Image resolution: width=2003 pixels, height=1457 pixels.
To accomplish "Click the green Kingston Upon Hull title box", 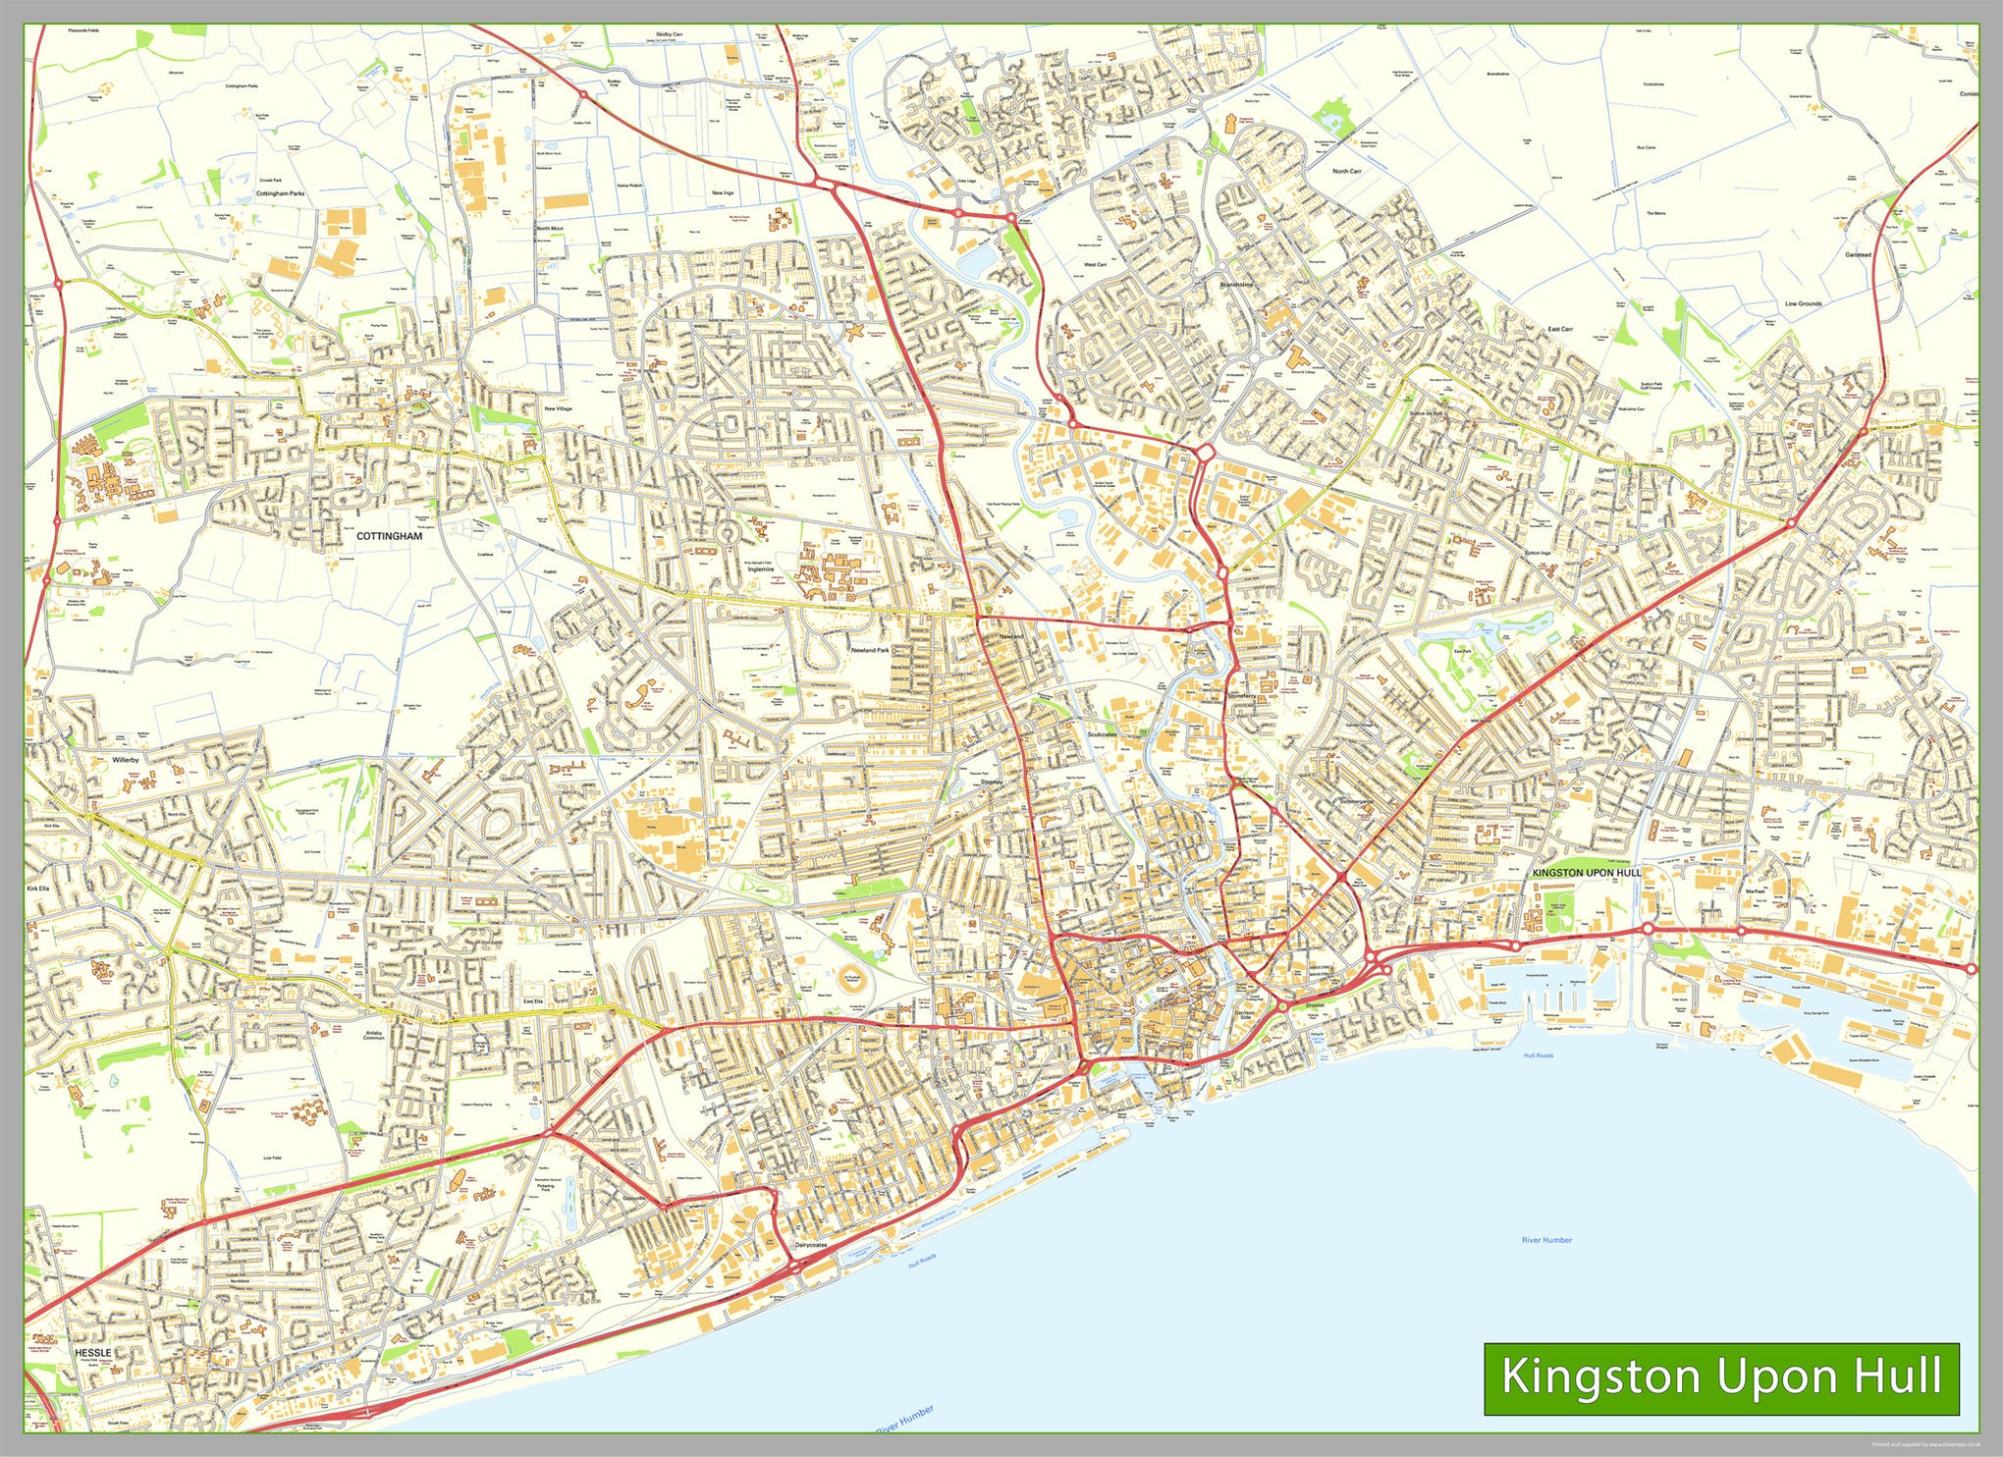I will coord(1720,1377).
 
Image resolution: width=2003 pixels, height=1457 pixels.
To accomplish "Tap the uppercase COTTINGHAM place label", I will coord(389,536).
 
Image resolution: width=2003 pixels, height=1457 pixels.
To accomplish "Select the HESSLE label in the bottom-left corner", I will coord(93,1352).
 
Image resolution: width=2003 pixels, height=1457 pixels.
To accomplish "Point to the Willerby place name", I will coord(126,759).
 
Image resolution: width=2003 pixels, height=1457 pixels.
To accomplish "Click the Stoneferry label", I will coord(1241,695).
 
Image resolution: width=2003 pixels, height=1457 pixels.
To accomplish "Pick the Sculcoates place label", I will coord(1102,734).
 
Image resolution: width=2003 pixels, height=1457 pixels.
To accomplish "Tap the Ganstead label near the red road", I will coord(1858,254).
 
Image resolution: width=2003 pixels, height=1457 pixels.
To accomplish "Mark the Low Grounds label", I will coord(1803,303).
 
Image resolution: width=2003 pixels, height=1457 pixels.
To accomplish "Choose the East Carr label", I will coord(1560,329).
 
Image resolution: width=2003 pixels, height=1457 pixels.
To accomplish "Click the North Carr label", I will coord(1346,171).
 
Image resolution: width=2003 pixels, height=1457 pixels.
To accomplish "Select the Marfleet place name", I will coord(1755,891).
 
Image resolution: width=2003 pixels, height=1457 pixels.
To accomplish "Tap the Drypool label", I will coord(1315,1005).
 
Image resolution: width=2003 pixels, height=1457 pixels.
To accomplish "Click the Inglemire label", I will coord(760,568).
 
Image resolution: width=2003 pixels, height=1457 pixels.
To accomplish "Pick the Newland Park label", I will coord(869,650).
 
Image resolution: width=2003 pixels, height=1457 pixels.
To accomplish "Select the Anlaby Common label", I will coord(374,1036).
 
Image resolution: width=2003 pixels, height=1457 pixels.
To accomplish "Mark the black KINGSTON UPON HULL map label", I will coord(1586,872).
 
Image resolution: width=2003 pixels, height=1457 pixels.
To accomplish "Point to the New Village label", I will coord(558,408).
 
